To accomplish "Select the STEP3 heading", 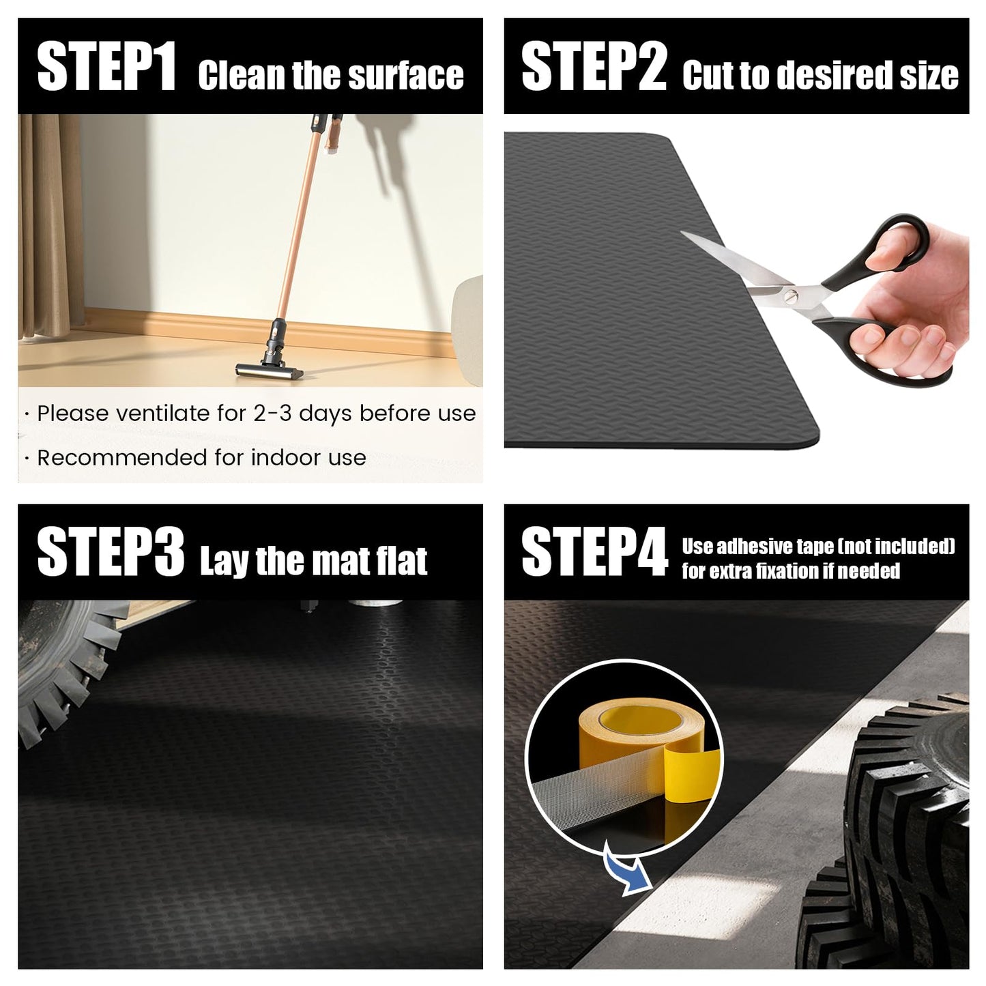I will tap(110, 553).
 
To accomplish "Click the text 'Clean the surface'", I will tap(330, 75).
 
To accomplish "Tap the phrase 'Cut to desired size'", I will tap(820, 75).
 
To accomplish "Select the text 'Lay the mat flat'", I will tap(313, 561).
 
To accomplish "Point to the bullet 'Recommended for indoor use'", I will tap(201, 457).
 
